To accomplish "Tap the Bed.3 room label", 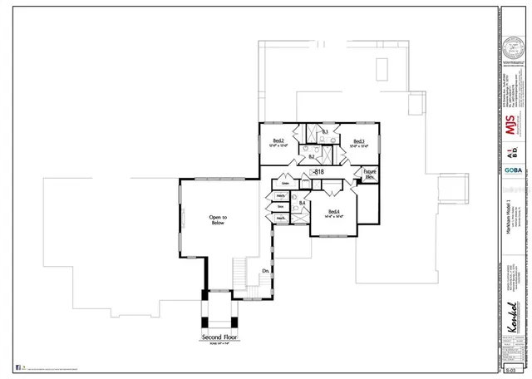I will tap(359, 142).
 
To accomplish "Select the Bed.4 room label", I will tap(334, 213).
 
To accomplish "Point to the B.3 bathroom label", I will tap(325, 132).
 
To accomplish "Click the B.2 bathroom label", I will tap(312, 156).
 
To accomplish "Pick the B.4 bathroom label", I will tap(303, 203).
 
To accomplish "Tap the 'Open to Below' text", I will tap(219, 219).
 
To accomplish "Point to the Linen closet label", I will tap(284, 185).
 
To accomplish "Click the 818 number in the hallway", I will tap(317, 171).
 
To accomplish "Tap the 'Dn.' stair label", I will tap(265, 271).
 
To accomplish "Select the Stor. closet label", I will tap(281, 206).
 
